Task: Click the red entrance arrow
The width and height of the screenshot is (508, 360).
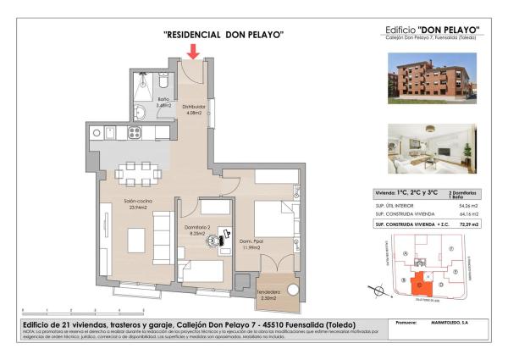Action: [x=194, y=52]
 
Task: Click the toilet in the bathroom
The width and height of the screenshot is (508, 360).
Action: [x=163, y=83]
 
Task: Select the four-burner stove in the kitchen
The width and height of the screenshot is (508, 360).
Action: [x=135, y=132]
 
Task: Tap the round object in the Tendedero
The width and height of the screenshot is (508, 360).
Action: [x=292, y=290]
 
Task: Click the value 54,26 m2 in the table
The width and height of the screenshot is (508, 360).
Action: [x=467, y=205]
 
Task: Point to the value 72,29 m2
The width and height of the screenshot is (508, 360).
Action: [x=467, y=224]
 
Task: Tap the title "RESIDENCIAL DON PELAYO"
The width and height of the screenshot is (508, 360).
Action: [x=223, y=35]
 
